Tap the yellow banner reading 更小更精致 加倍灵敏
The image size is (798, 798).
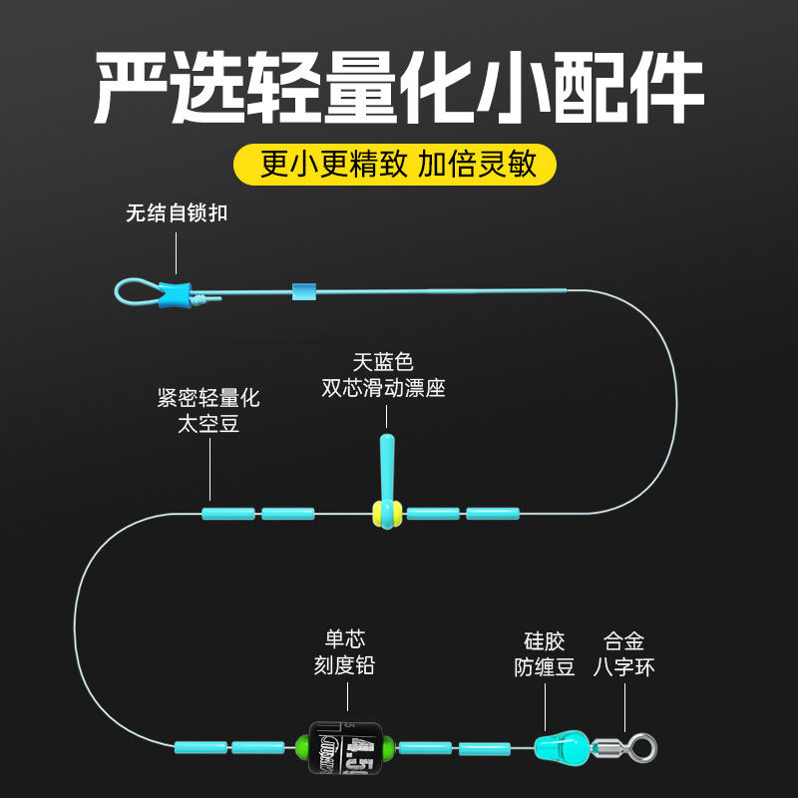[x=398, y=163]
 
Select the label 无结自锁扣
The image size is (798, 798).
[x=177, y=213]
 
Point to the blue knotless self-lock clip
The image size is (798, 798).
[x=175, y=293]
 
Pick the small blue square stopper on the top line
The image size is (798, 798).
[x=303, y=291]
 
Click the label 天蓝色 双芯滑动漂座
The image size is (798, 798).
[x=384, y=375]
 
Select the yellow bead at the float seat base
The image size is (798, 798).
[x=379, y=514]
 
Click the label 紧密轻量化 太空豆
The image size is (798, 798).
[x=208, y=411]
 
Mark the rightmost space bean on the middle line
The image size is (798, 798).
[x=493, y=514]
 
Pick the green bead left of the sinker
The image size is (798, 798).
[x=300, y=746]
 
